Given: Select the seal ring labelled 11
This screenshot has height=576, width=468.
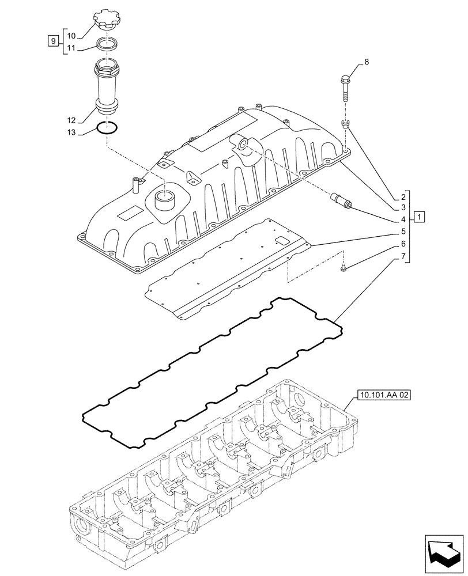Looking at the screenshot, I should (x=107, y=43).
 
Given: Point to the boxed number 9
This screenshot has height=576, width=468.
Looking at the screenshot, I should (x=53, y=40).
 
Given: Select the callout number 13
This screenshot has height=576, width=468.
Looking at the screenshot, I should (x=71, y=133).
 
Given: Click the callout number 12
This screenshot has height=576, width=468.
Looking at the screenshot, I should (x=71, y=120).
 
